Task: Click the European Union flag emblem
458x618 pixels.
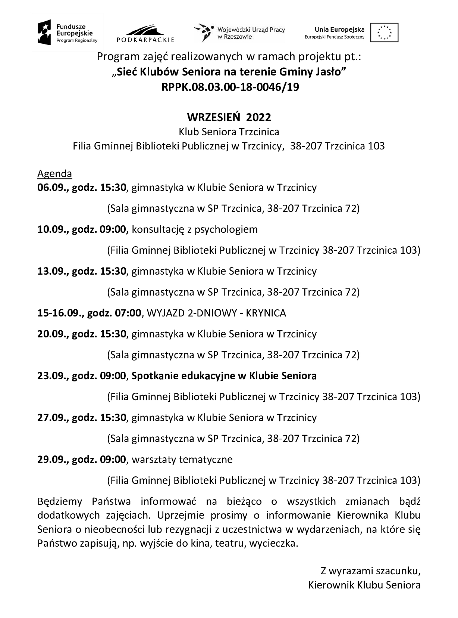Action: tap(384, 33)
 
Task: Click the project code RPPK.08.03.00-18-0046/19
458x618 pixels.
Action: tap(230, 87)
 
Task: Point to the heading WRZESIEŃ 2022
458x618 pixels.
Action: tap(229, 117)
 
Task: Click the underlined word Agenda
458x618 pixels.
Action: tap(54, 174)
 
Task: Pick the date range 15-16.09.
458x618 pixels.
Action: tap(60, 313)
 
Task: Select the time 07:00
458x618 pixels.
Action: tap(128, 313)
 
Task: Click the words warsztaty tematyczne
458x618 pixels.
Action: tap(182, 460)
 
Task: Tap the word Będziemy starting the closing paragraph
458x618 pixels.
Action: tap(59, 501)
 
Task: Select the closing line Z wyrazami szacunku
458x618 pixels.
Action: tap(370, 571)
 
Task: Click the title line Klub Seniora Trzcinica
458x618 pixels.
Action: tap(229, 132)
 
